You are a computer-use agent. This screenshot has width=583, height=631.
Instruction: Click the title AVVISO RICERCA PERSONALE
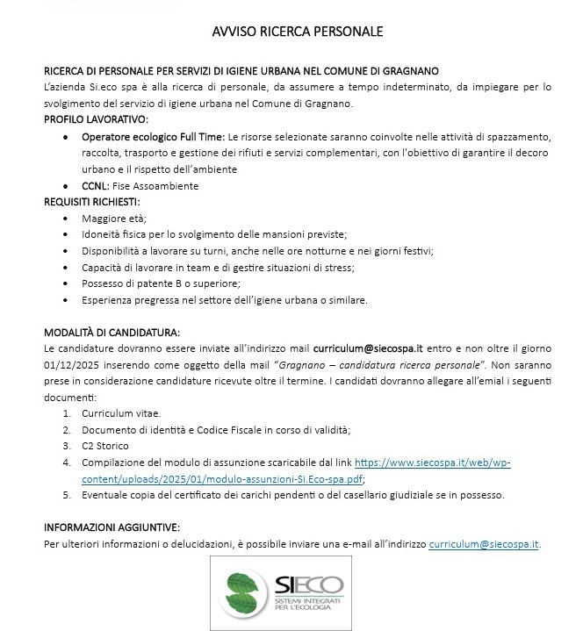pos(298,32)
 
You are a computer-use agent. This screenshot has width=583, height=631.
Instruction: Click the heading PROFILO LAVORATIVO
pos(97,118)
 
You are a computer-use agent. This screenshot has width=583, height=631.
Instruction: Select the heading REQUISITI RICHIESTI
pos(92,202)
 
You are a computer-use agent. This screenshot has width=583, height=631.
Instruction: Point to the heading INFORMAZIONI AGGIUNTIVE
pos(112,527)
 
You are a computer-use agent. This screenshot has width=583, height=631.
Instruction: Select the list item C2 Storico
pos(104,446)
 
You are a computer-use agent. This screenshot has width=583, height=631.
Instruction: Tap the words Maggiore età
pos(114,219)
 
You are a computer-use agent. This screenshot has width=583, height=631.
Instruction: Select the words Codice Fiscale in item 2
pos(231,430)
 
